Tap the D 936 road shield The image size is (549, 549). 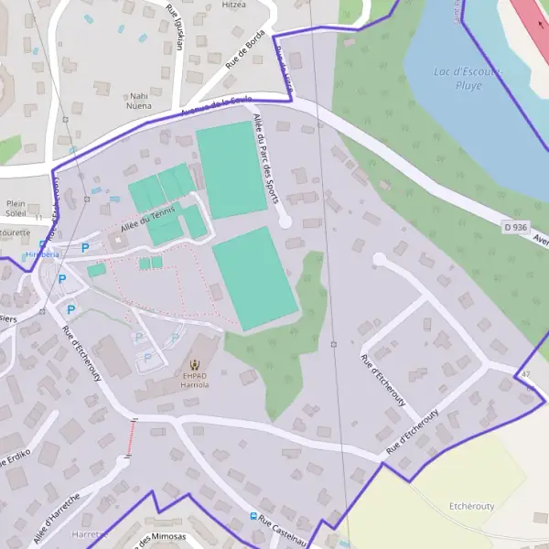tap(515, 226)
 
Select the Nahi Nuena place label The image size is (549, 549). tap(139, 100)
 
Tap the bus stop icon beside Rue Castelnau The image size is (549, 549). tap(253, 516)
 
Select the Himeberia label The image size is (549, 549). tap(42, 254)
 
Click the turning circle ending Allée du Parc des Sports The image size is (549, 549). tap(285, 221)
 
